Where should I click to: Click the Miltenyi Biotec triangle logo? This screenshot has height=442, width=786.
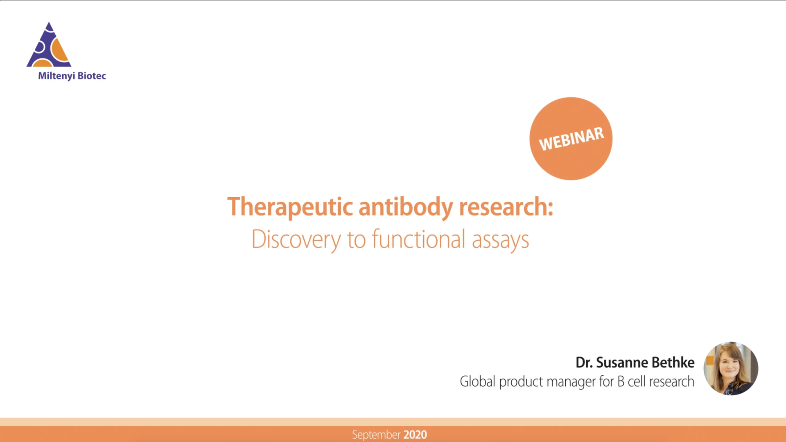49,46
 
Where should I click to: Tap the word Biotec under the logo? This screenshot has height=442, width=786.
92,76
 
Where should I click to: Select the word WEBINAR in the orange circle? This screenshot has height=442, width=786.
571,139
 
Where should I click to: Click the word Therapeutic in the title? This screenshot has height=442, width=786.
290,207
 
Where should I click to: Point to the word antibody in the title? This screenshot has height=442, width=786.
406,207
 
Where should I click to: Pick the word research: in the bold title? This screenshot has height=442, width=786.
506,207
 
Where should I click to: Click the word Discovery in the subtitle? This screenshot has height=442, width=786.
296,239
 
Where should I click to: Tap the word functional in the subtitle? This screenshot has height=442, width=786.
418,239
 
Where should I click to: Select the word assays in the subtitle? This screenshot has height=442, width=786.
500,240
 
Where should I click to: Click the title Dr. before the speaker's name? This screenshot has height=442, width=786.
584,363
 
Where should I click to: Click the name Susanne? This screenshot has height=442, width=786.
622,363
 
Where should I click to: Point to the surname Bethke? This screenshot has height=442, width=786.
673,363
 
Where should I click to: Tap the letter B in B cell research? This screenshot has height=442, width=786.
621,381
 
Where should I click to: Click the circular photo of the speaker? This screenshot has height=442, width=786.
731,368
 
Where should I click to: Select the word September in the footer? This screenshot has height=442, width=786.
376,435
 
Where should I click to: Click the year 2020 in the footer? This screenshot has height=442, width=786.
415,435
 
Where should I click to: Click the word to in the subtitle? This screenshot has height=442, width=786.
356,240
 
